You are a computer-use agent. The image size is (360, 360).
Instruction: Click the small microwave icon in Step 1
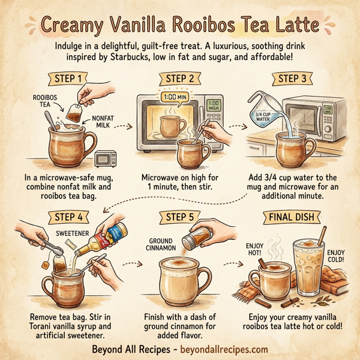(x=106, y=159)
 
